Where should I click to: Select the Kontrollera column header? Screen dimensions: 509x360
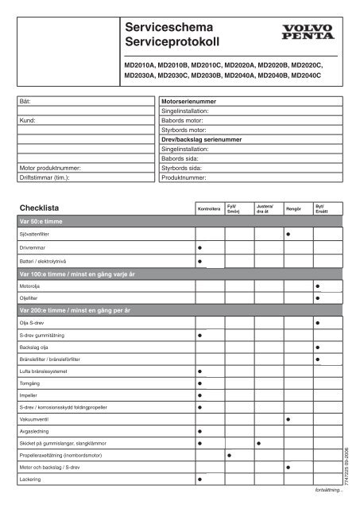[x=208, y=209]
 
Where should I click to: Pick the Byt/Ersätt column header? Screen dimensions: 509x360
[x=322, y=209]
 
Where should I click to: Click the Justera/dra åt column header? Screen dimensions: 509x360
[x=263, y=209]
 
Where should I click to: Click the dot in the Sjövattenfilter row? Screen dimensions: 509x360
[x=288, y=235]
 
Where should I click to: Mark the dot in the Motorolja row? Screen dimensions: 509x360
[x=317, y=286]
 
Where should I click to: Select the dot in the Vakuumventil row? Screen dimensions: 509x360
[x=288, y=418]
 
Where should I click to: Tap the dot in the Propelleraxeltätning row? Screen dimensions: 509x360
[x=229, y=456]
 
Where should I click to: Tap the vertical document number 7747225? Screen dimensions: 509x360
[x=345, y=465]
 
